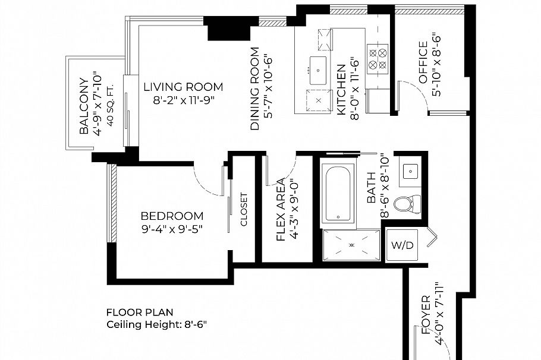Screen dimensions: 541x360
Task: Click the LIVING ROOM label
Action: coord(183,87)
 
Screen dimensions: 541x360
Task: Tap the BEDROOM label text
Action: coord(172,216)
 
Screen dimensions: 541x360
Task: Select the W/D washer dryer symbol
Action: coord(402,245)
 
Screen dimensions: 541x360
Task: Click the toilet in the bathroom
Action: coord(407,204)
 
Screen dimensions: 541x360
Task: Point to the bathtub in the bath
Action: coord(338,193)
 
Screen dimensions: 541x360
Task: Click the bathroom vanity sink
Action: coord(410,171)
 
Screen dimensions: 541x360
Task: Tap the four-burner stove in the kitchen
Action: coord(377,59)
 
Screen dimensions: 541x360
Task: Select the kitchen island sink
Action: coord(318,71)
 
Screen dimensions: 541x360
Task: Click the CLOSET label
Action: coord(244,209)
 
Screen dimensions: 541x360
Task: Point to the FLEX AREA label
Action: coord(281,210)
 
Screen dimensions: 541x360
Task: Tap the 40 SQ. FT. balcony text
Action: coord(111,105)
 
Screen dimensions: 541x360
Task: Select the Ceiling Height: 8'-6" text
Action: coord(156,324)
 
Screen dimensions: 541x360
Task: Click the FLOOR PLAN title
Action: coord(140,312)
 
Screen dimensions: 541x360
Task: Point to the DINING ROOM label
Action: coord(254,89)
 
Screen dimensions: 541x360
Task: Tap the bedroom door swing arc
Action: coord(203,185)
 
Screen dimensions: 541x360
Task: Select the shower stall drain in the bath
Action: coord(351,245)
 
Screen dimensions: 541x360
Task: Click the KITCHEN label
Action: coord(341,90)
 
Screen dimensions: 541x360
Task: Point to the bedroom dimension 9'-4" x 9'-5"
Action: coord(172,229)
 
